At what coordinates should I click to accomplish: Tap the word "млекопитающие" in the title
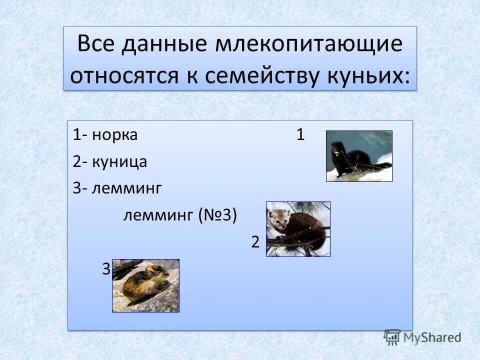309,45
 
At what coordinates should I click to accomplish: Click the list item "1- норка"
105,135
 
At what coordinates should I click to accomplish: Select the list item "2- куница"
109,161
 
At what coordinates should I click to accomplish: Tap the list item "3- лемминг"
117,188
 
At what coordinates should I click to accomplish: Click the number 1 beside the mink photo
300,135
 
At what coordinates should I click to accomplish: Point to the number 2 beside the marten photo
255,242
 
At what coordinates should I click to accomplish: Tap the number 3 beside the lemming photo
106,269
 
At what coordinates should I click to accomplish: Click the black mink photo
359,156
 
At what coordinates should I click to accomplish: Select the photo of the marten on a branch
298,229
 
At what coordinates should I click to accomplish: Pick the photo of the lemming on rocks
145,285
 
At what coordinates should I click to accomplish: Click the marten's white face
276,217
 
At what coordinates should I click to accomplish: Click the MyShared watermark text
432,337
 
